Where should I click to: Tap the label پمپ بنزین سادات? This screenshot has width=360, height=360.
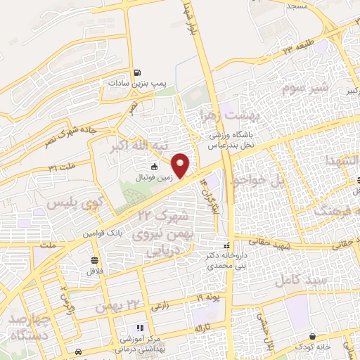tap(136, 83)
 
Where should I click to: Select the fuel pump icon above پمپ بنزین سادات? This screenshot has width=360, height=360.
tap(136, 72)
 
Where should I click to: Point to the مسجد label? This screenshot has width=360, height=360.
tap(296, 5)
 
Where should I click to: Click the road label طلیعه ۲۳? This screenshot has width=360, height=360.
tap(296, 49)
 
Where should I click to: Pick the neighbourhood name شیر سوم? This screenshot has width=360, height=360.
tap(305, 89)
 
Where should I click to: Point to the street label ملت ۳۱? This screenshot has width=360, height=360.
tap(61, 169)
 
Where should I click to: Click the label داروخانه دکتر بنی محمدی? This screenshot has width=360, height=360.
tap(226, 262)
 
